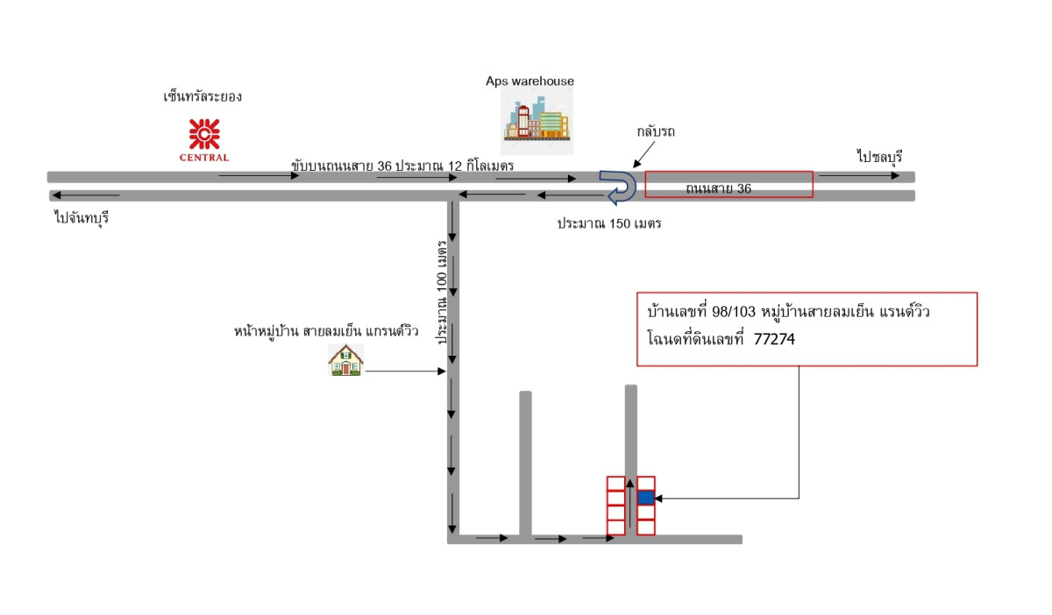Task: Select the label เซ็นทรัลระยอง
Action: pos(203,96)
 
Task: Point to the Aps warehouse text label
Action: pos(530,81)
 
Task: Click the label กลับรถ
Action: pos(657,131)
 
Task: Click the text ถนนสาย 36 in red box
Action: pos(719,187)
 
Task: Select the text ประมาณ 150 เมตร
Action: pos(609,223)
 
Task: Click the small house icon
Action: pos(345,360)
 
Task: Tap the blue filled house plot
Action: pos(645,497)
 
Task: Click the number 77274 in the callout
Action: pos(775,337)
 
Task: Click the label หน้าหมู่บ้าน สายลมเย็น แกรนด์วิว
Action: pos(326,331)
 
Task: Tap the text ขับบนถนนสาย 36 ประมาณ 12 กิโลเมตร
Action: pos(403,166)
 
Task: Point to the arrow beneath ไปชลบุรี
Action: pos(858,175)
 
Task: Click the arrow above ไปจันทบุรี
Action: pos(86,194)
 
